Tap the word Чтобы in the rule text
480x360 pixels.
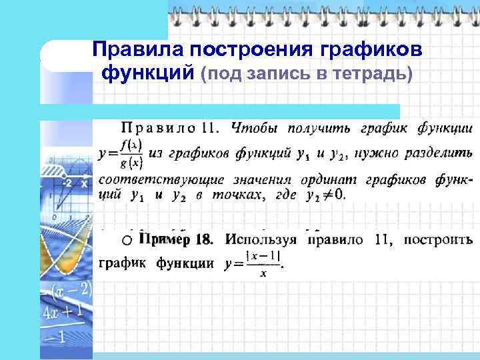(x=253, y=128)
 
